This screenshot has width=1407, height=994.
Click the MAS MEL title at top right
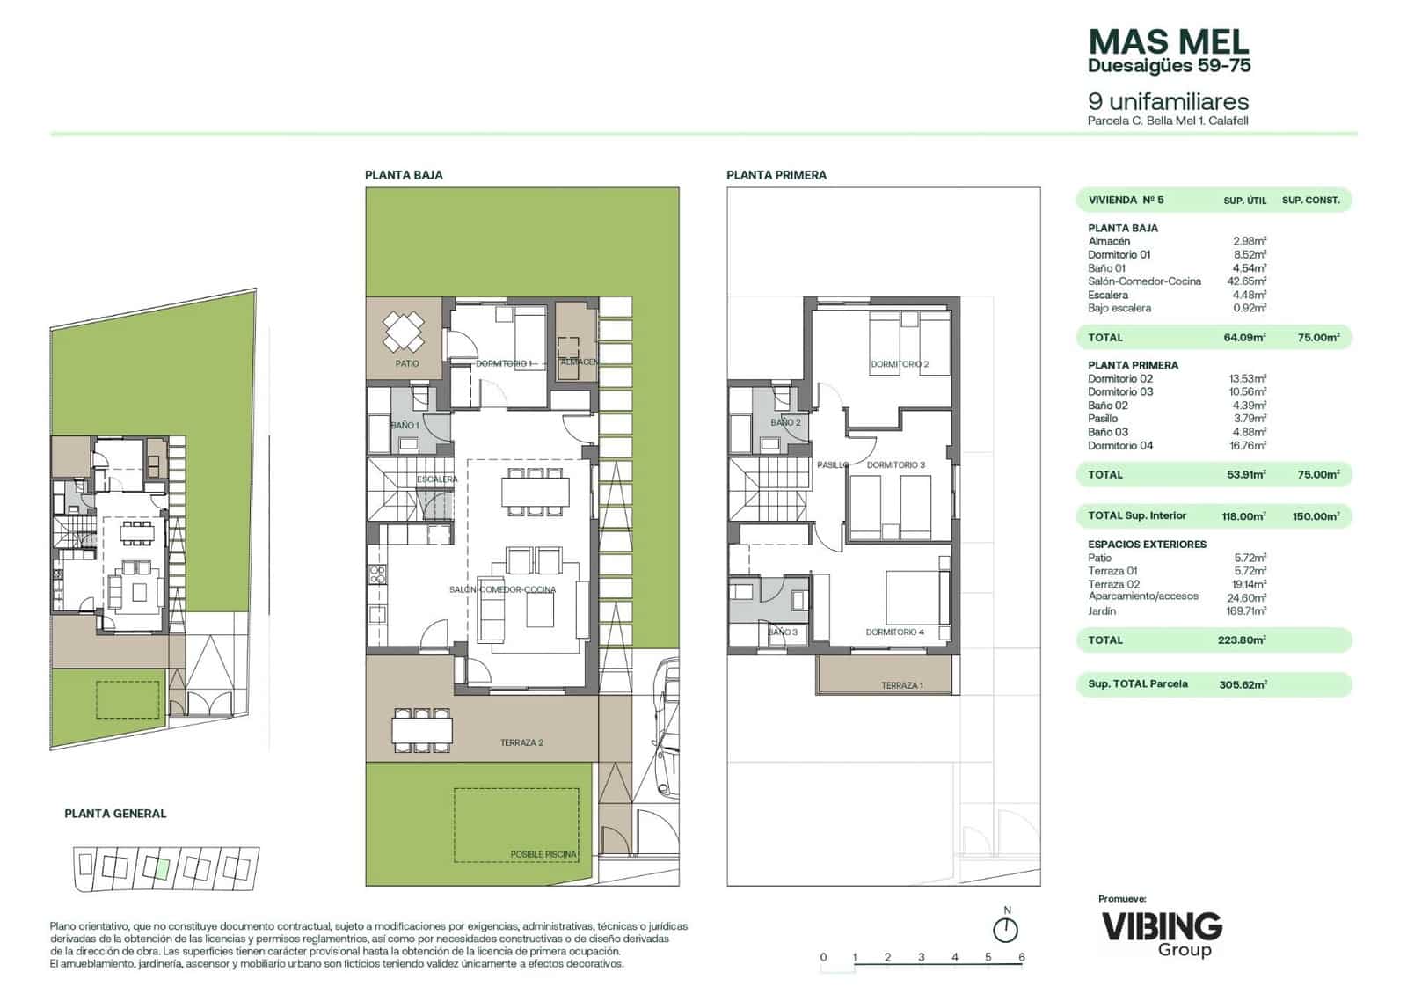tap(1168, 42)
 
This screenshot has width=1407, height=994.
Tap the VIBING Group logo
tap(1162, 932)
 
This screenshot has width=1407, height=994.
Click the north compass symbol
tap(1005, 929)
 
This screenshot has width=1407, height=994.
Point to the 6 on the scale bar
tap(1021, 957)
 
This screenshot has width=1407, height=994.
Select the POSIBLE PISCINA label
tap(543, 854)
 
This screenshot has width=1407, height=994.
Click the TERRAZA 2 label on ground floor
tap(521, 742)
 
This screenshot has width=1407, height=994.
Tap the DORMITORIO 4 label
tap(894, 632)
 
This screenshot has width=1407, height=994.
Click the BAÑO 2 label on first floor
tap(785, 422)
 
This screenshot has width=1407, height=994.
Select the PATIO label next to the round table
tap(407, 362)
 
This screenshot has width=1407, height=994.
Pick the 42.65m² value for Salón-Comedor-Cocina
tap(1249, 281)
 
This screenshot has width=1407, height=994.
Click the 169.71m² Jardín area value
tap(1247, 610)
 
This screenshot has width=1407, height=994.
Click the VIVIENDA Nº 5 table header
tap(1126, 200)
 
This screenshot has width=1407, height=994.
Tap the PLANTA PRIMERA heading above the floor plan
tap(776, 175)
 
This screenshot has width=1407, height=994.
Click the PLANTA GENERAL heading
tap(115, 814)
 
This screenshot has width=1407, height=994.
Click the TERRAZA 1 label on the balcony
tap(901, 685)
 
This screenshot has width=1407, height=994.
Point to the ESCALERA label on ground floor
tap(437, 479)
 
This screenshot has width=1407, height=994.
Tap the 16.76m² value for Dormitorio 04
tap(1247, 445)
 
